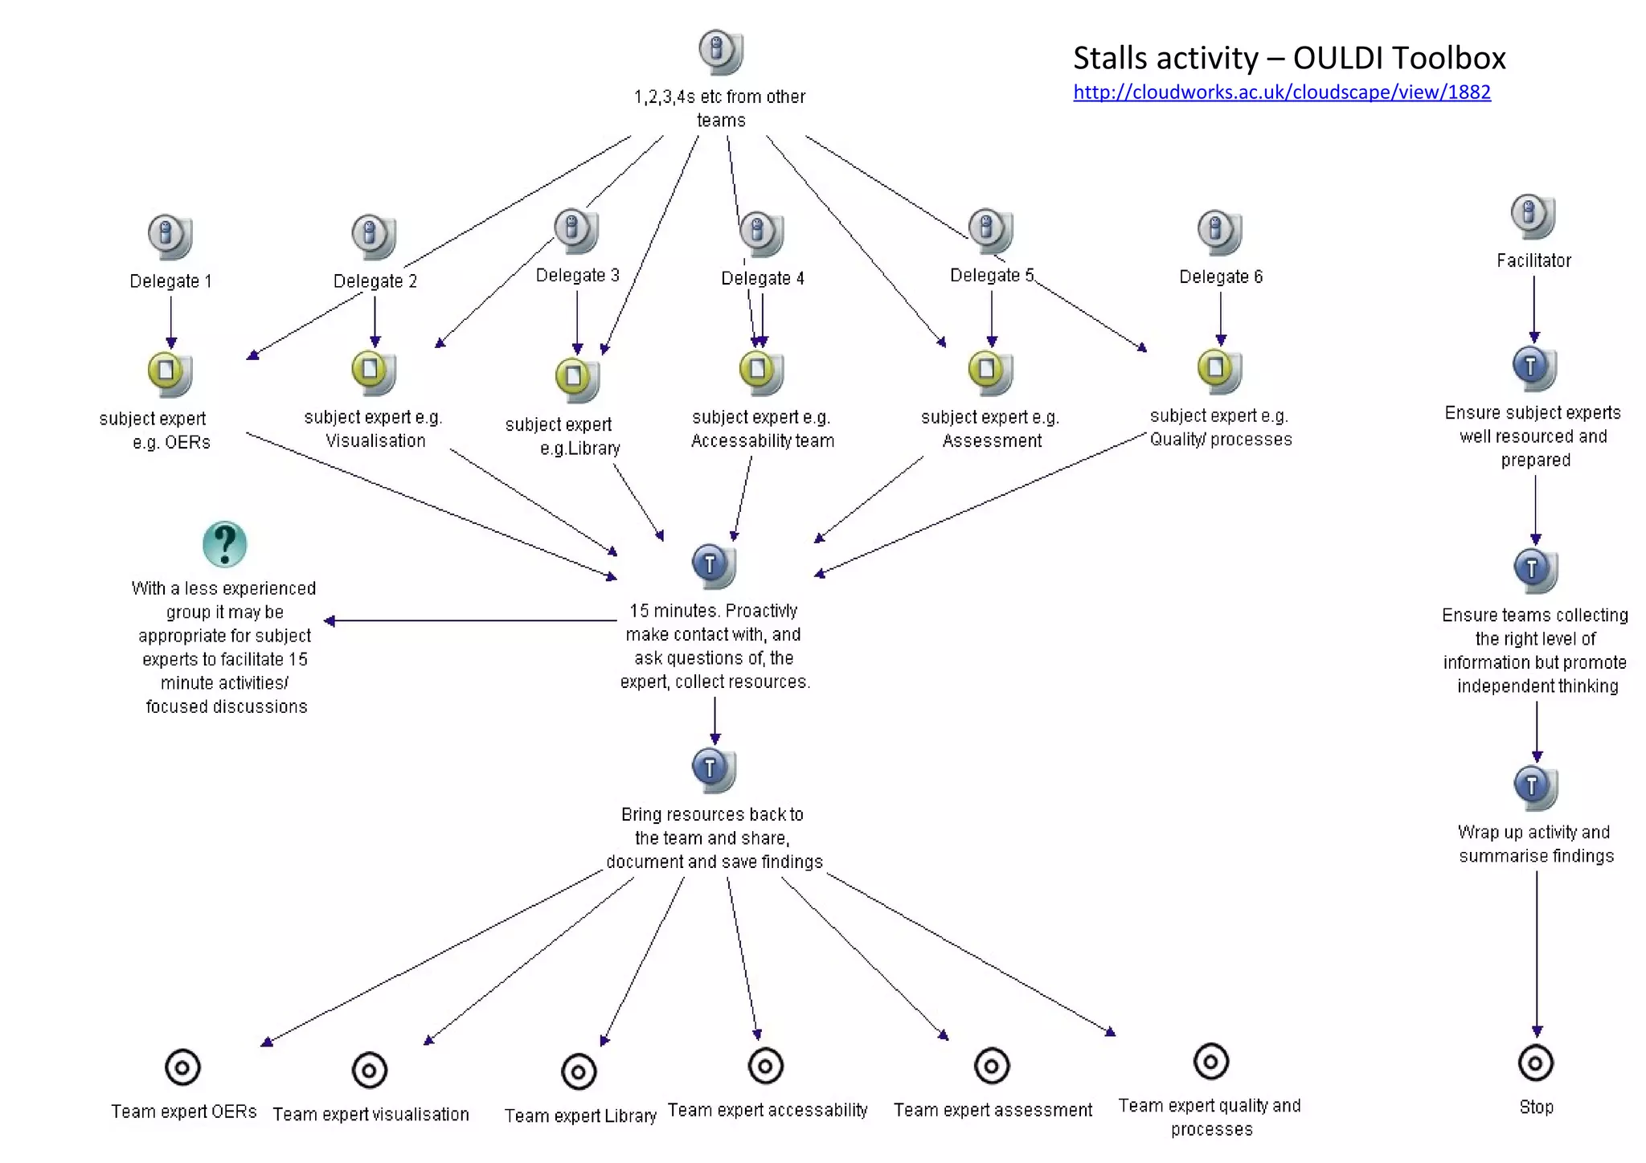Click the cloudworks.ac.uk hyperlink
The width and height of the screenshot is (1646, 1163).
[x=1281, y=92]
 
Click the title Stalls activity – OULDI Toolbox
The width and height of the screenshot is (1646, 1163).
[x=1288, y=58]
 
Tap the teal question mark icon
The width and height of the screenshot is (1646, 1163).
[x=224, y=544]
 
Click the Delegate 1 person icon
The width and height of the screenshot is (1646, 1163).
[x=169, y=236]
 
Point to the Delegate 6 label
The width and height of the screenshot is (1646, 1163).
[x=1220, y=277]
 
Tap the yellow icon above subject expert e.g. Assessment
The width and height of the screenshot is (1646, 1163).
[x=989, y=371]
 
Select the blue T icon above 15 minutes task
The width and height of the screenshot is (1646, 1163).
[x=711, y=565]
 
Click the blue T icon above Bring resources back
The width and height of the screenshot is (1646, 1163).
[x=711, y=769]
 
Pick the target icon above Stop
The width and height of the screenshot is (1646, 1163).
[x=1535, y=1063]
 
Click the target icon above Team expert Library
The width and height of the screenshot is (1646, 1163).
[x=579, y=1071]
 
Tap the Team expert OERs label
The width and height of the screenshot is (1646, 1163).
[x=183, y=1112]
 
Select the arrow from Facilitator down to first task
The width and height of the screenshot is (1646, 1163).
[x=1533, y=309]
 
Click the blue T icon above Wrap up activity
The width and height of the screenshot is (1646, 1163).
[x=1533, y=787]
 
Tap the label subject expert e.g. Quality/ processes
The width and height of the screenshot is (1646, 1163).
[x=1220, y=428]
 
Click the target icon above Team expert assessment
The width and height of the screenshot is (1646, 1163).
[x=991, y=1067]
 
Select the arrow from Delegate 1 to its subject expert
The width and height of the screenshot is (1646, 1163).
[x=170, y=321]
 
